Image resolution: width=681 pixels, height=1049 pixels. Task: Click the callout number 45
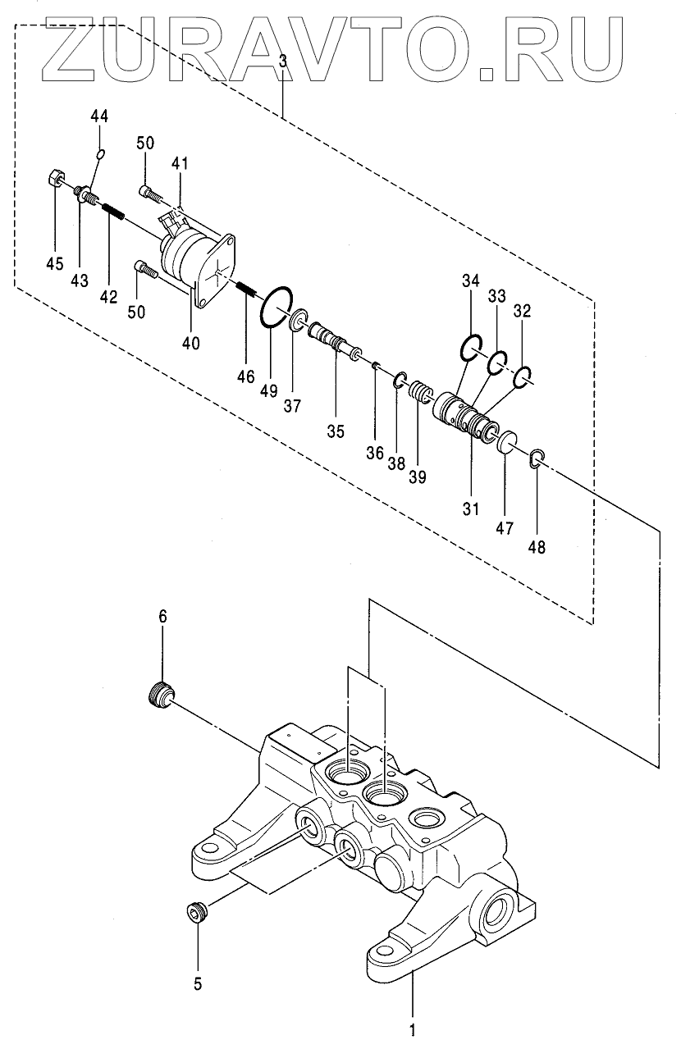tap(55, 263)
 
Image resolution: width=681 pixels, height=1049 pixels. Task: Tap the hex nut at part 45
tap(56, 178)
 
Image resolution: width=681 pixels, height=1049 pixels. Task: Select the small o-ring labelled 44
tap(100, 153)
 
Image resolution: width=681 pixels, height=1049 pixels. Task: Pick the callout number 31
tap(471, 509)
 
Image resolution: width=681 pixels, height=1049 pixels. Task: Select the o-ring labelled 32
tap(522, 377)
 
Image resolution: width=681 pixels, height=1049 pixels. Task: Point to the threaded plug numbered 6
tap(160, 696)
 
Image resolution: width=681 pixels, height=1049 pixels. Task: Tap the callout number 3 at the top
tap(282, 62)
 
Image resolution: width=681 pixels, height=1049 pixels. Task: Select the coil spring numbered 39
tap(419, 390)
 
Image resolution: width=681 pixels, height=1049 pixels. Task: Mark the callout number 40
tap(190, 344)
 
